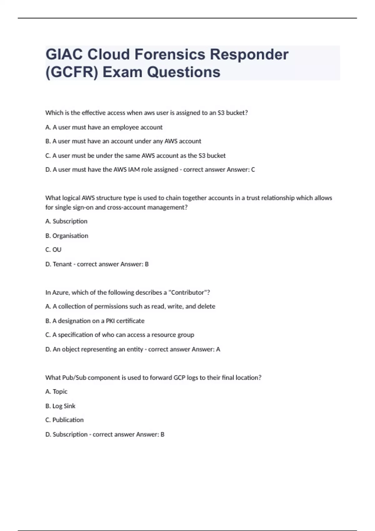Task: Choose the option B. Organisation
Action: pos(67,236)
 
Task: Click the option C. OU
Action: pos(53,250)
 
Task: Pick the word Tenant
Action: pos(62,264)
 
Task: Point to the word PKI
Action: pos(110,321)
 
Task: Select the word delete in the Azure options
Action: pos(206,306)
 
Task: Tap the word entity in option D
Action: pos(135,349)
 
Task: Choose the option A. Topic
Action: pos(57,392)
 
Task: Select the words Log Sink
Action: pos(64,406)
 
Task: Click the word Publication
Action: pos(68,420)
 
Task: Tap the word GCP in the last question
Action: pos(179,378)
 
